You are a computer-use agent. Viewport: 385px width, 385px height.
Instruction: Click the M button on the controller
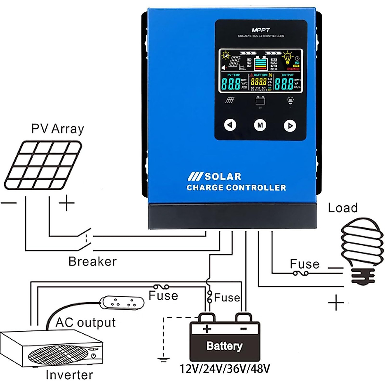(260, 125)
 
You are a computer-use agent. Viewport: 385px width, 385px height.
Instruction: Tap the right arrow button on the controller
(290, 125)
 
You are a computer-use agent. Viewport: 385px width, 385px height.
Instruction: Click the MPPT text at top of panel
(261, 30)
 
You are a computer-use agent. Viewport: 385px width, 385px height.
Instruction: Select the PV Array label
(57, 129)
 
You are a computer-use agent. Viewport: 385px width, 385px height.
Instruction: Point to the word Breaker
(92, 261)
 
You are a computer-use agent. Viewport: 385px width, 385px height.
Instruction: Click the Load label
(343, 208)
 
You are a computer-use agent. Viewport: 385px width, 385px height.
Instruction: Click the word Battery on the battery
(224, 346)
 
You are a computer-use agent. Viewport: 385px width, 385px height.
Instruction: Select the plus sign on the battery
(207, 329)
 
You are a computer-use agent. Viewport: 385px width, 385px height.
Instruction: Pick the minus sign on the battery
(243, 329)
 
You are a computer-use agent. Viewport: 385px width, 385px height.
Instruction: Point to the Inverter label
(69, 375)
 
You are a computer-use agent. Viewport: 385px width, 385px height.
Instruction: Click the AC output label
(86, 322)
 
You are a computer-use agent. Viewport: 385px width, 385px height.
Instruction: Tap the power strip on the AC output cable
(119, 303)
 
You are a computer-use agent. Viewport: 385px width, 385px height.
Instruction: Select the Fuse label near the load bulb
(304, 264)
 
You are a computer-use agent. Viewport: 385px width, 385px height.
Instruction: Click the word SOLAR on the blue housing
(223, 176)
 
